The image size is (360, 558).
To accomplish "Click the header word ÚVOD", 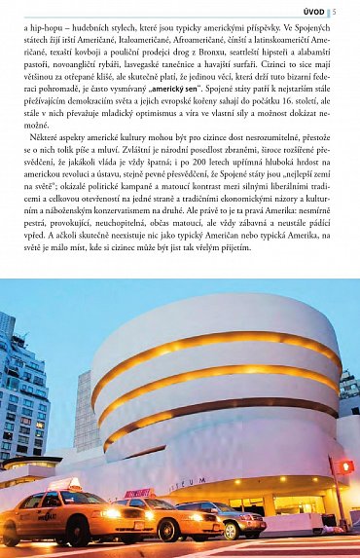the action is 340,12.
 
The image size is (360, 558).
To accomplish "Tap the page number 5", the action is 355,12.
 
